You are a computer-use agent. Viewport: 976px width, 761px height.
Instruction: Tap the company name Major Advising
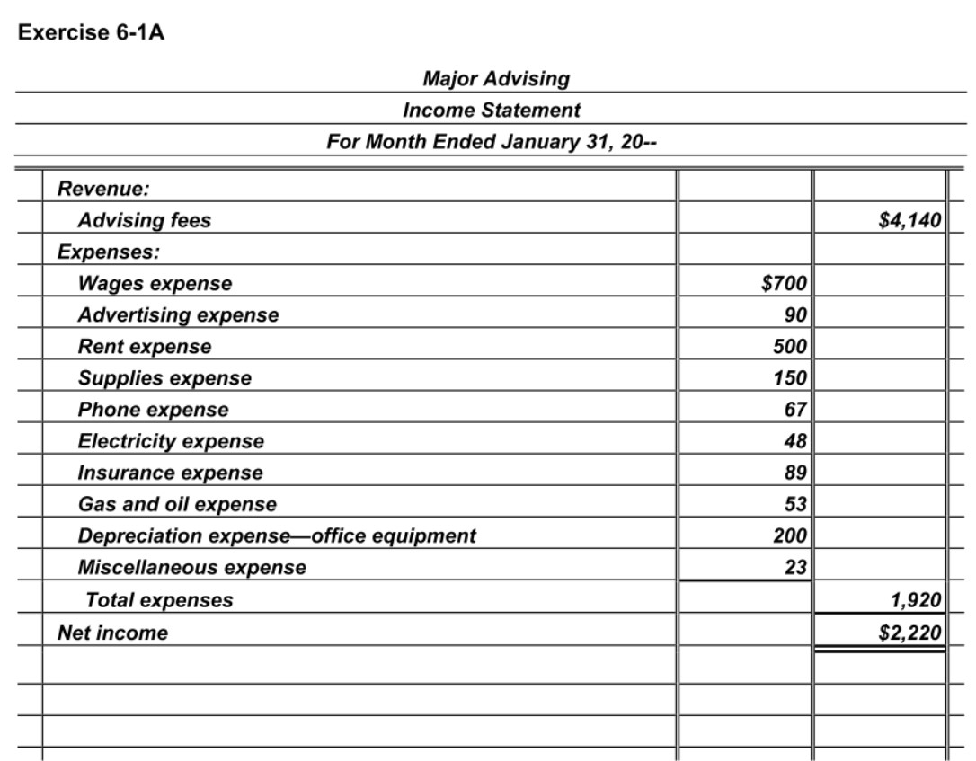click(495, 79)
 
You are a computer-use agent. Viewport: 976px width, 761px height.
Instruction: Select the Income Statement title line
click(491, 111)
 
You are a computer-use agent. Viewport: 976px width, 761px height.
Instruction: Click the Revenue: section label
click(103, 190)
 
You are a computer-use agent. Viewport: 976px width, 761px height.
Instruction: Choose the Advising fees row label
click(145, 221)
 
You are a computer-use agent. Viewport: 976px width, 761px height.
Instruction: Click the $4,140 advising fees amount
click(909, 221)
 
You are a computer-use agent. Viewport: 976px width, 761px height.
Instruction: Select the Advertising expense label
click(178, 315)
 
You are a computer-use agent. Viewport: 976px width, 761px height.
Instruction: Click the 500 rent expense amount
click(791, 347)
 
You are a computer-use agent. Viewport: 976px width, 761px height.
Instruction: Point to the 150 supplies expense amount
click(791, 378)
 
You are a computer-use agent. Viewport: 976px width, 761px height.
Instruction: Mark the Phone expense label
click(153, 410)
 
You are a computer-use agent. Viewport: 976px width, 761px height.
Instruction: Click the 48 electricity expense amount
click(796, 441)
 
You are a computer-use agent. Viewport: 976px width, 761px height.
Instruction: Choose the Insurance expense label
click(171, 473)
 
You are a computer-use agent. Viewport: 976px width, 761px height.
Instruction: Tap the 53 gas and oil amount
click(796, 504)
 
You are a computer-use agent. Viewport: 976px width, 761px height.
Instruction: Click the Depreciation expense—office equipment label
click(277, 536)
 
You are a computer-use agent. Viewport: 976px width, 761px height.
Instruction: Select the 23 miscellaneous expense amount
click(796, 567)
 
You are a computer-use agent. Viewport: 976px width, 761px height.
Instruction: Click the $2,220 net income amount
click(909, 632)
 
